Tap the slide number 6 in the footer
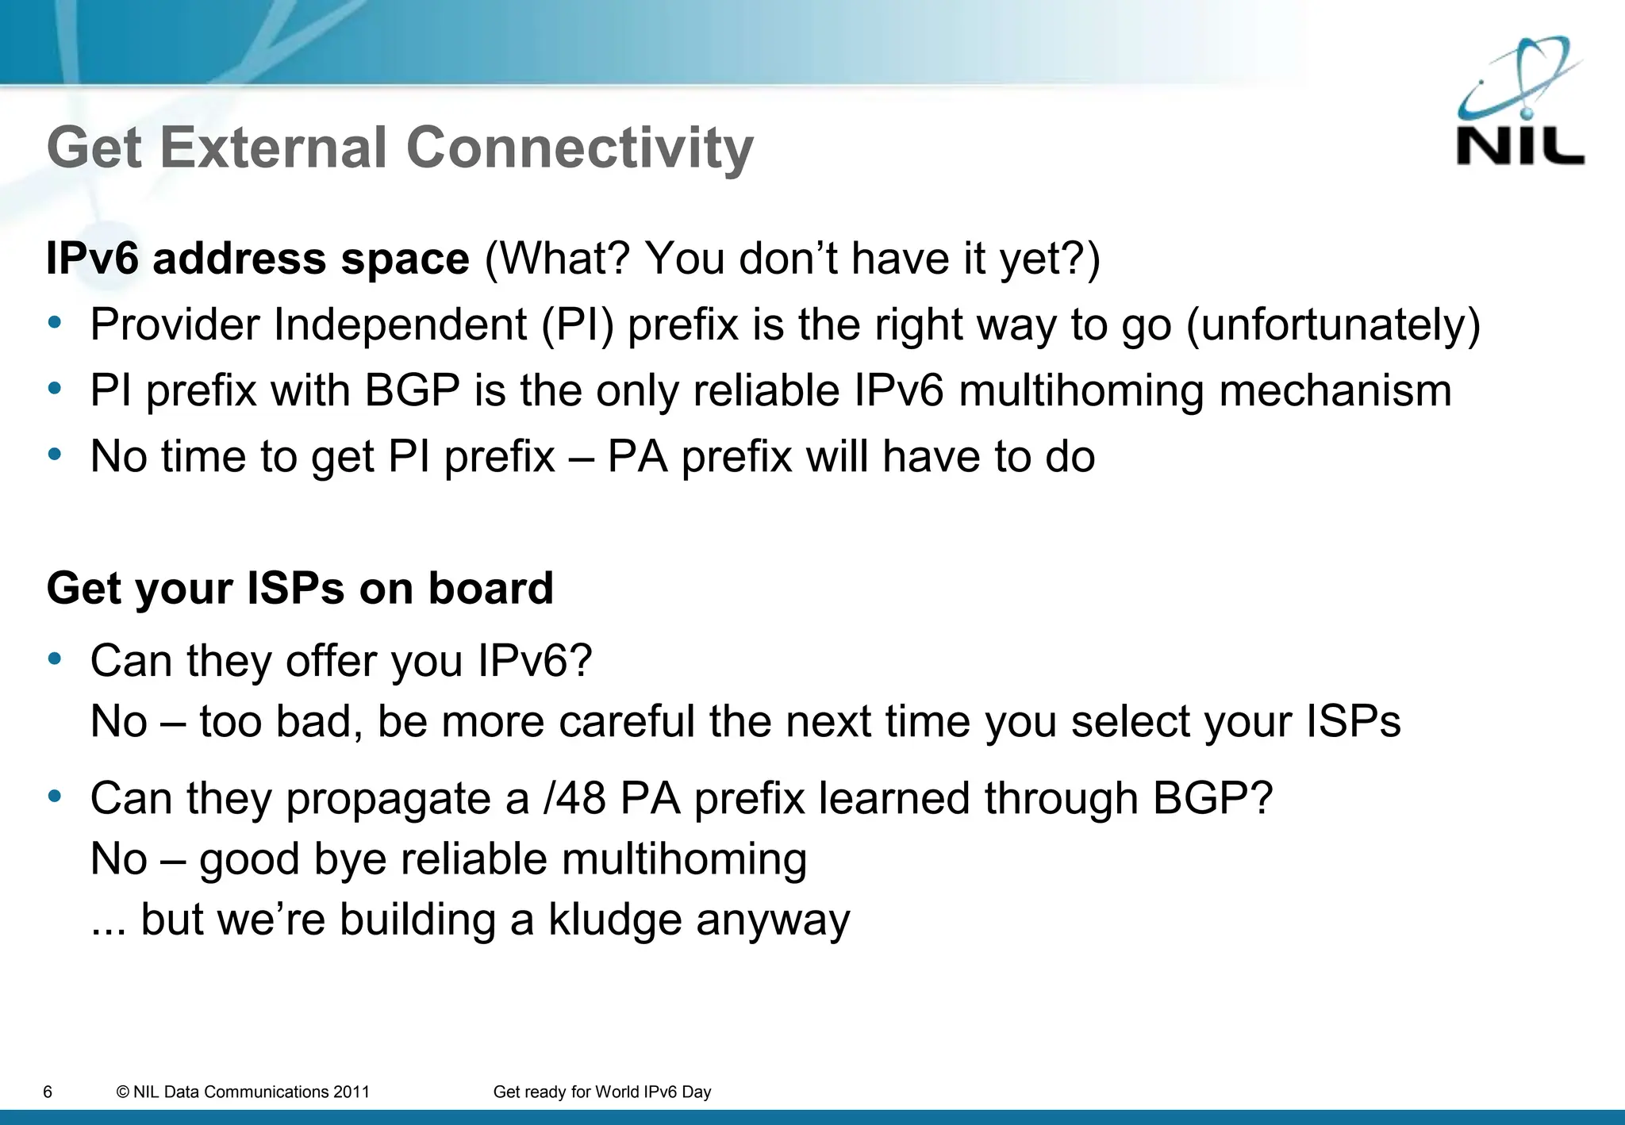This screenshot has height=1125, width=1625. click(x=48, y=1092)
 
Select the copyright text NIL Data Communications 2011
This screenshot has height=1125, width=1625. click(x=243, y=1092)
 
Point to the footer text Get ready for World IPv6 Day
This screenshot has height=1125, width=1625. click(x=601, y=1092)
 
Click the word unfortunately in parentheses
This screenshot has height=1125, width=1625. click(x=1333, y=325)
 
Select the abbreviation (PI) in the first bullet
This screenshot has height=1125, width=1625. click(x=577, y=325)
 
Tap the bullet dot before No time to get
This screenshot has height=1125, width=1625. click(x=54, y=455)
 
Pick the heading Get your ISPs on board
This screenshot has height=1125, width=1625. click(x=300, y=588)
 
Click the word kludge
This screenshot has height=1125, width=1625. click(x=615, y=920)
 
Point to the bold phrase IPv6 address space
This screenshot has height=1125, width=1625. click(x=258, y=259)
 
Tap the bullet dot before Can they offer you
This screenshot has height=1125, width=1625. click(x=54, y=658)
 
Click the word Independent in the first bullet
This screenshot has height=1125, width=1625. click(x=400, y=325)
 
